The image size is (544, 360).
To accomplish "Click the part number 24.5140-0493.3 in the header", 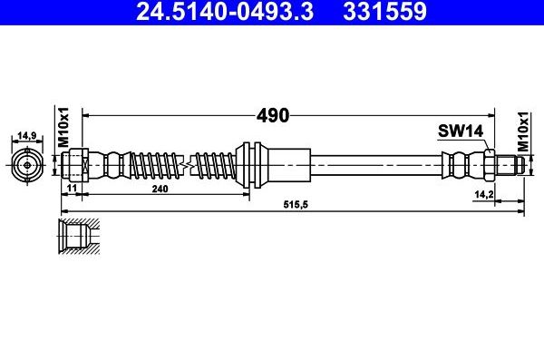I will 234,12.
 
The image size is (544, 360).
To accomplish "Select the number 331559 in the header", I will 384,12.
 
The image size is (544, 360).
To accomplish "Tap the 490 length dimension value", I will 271,115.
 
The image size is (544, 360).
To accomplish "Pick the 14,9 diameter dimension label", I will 26,137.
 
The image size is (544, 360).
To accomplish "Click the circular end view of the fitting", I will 26,165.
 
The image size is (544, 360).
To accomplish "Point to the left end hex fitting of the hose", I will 73,165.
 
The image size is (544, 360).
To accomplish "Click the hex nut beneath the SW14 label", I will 490,165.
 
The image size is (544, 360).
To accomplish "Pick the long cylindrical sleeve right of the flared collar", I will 286,165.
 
